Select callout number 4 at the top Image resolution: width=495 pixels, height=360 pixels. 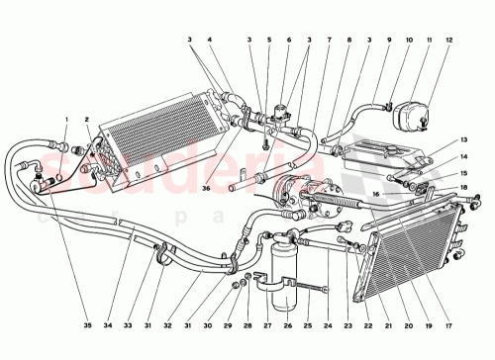point(210,40)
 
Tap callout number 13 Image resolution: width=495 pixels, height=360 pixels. point(462,141)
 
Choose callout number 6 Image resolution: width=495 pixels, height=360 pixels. point(288,40)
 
